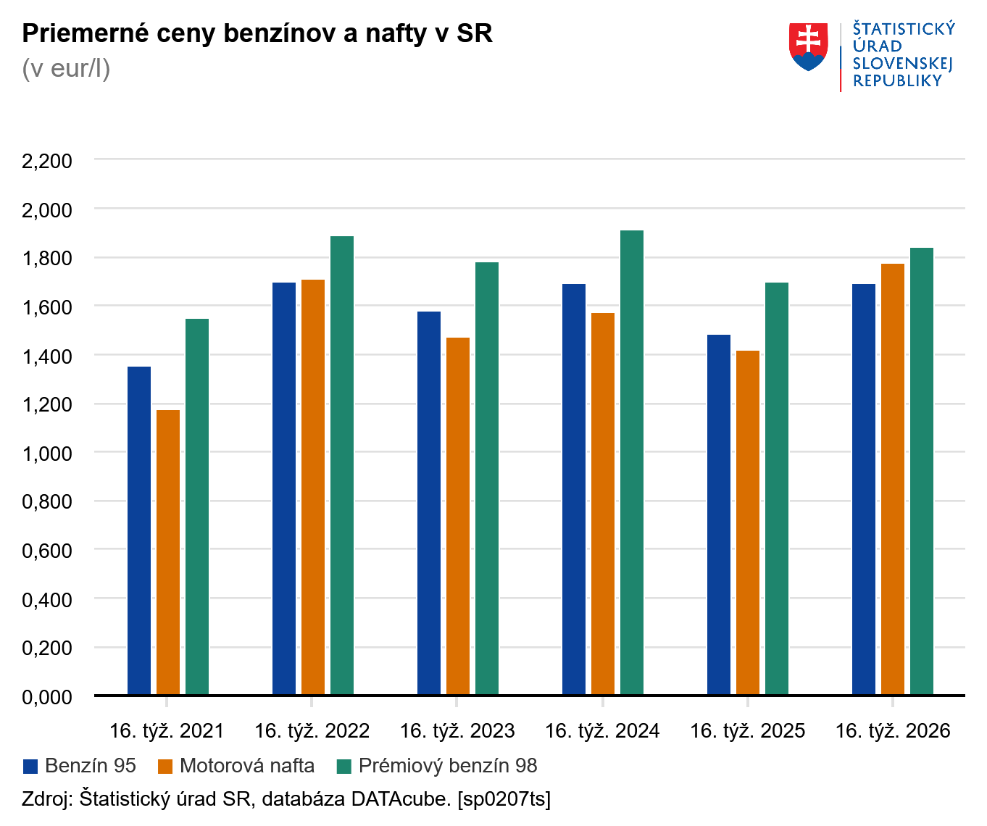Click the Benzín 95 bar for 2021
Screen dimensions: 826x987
[139, 530]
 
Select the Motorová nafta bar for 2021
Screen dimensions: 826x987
[168, 552]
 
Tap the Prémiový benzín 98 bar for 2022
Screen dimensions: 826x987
[342, 465]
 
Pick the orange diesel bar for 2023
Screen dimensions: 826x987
[458, 516]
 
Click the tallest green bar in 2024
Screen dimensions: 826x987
[632, 462]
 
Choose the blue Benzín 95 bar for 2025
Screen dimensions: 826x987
[719, 514]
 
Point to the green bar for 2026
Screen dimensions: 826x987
[922, 471]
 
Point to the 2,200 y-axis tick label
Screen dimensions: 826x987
[47, 161]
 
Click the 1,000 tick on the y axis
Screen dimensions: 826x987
[47, 454]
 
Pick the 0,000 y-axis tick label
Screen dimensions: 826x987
[47, 697]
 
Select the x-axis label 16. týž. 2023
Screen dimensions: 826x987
[457, 731]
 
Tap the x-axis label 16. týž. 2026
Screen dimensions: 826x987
[893, 731]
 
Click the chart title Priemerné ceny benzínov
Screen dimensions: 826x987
[257, 33]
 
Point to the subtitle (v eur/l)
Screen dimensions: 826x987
[66, 69]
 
